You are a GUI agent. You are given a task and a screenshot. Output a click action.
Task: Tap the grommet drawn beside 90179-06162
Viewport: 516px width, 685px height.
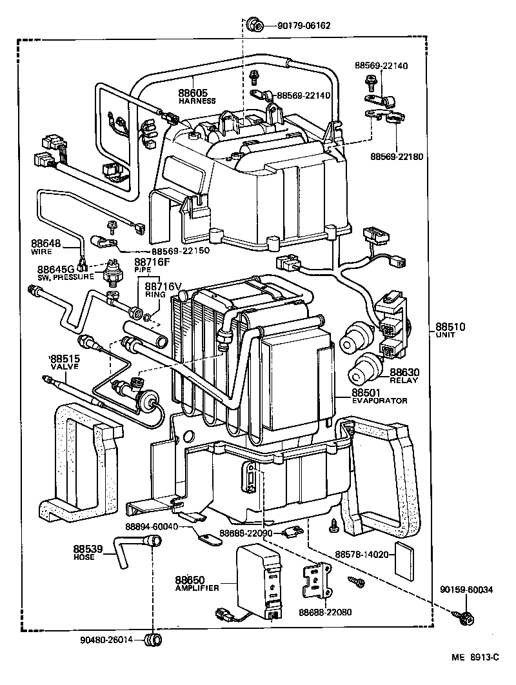tap(255, 26)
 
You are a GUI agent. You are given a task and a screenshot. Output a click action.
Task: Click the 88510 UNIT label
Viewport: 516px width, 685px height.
tap(449, 330)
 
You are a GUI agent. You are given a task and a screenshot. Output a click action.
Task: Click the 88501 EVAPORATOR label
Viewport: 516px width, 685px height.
tap(379, 395)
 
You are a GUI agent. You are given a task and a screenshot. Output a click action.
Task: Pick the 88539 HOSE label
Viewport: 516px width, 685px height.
tap(87, 552)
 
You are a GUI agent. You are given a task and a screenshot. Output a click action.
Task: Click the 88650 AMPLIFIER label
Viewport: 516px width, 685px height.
tap(197, 583)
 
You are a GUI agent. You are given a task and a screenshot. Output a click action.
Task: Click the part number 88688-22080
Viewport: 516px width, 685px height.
tap(325, 612)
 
